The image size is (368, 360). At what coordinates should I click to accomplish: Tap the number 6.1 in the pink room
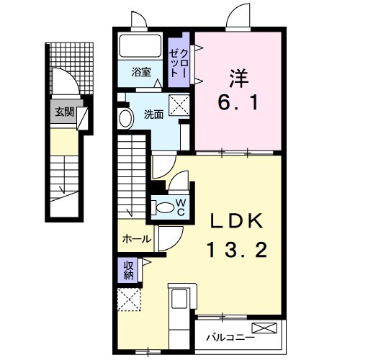tap(238, 103)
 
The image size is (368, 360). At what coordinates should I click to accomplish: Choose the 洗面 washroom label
tap(153, 114)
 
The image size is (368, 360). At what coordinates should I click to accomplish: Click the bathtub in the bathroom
tap(142, 48)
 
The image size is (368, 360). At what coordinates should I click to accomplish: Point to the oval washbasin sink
tap(125, 119)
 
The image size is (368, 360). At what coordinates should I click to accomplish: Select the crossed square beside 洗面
tap(179, 102)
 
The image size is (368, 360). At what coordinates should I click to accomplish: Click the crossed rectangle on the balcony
tap(263, 329)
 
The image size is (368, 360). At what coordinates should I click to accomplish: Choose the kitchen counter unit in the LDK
tap(179, 309)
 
